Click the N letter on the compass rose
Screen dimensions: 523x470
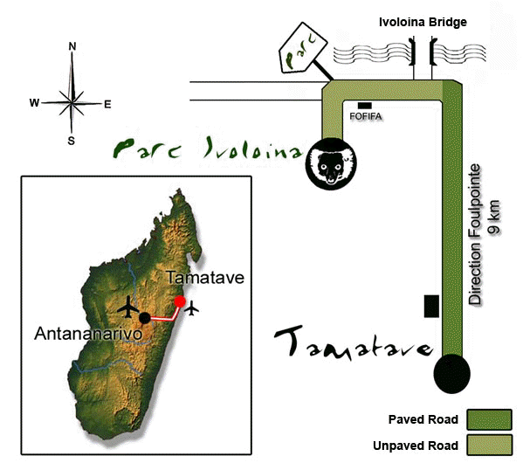coord(72,46)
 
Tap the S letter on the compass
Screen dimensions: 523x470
coord(72,142)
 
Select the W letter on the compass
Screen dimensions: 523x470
coord(34,103)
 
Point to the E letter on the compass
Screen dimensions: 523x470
coord(107,105)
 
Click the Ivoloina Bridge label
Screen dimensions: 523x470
coord(423,22)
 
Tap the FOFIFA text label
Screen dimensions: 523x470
coord(366,116)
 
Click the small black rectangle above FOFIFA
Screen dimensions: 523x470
coord(365,106)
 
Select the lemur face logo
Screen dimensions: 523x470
coord(331,163)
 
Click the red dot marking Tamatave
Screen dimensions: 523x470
coord(180,301)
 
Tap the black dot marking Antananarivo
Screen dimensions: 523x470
coord(145,318)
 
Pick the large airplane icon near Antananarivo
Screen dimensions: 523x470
coord(128,307)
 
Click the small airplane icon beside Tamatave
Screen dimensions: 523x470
coord(191,308)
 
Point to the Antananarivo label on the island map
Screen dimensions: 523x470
coord(88,334)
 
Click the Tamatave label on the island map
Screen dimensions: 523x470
coord(205,278)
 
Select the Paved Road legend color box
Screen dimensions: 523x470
coord(489,419)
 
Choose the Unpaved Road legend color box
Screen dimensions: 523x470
coord(489,445)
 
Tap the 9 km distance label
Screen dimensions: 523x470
coord(494,217)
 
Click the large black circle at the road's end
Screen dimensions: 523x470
coord(452,374)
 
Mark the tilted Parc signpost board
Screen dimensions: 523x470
coord(303,48)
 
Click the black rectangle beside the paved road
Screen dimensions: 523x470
coord(431,306)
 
